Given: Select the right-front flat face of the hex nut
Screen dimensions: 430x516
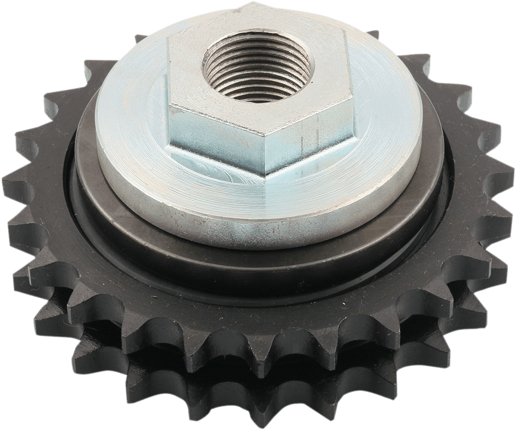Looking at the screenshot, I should coord(310,137).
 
